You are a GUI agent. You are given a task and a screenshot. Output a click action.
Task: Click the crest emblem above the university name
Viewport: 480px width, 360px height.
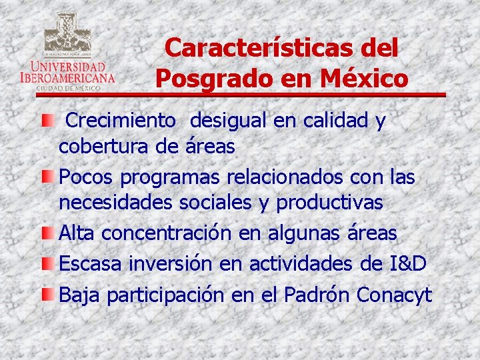pos(67,33)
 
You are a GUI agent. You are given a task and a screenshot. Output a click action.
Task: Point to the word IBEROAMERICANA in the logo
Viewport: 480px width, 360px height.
pos(67,77)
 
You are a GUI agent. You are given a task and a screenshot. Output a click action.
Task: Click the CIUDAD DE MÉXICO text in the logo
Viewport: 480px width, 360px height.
pos(67,87)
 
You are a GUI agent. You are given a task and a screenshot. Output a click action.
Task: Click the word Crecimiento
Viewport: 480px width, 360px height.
pos(122,121)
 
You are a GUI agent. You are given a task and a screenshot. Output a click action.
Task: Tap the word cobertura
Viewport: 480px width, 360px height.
pos(103,147)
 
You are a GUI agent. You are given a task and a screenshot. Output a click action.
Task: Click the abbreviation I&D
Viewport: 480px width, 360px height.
pos(408,264)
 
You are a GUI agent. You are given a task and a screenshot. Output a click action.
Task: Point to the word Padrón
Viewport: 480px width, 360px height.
pos(318,294)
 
